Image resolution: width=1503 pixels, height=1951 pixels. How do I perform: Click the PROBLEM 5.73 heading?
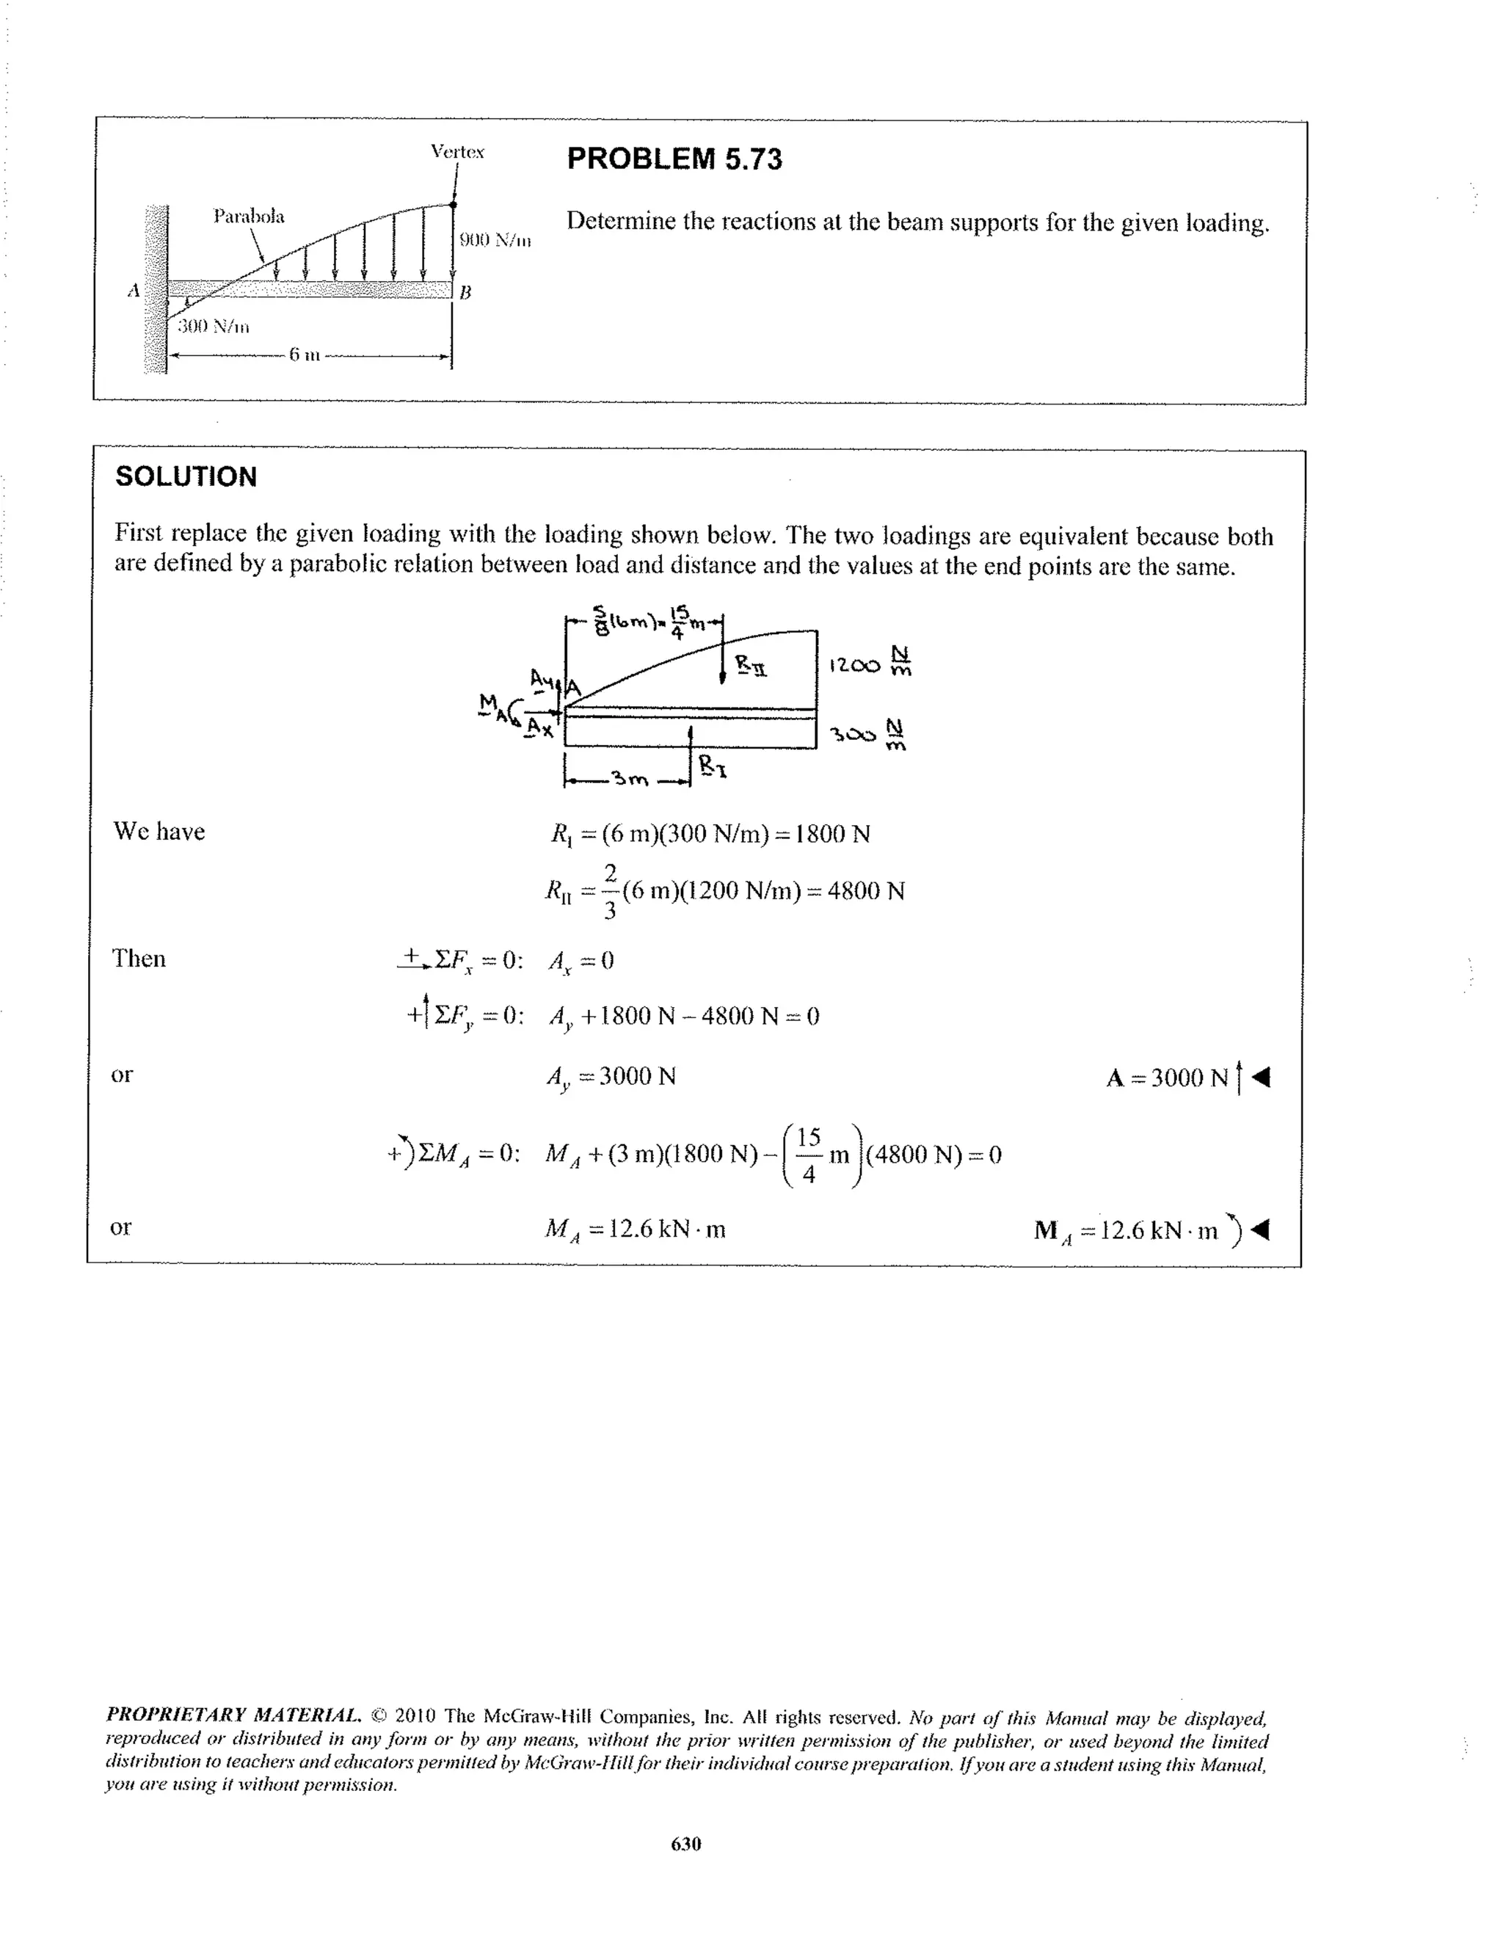[674, 159]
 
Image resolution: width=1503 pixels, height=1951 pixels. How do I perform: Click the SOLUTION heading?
[186, 476]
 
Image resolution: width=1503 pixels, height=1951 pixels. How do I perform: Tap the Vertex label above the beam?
[457, 151]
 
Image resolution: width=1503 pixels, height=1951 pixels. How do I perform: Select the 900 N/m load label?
[495, 239]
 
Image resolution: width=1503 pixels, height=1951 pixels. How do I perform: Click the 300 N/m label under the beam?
[213, 326]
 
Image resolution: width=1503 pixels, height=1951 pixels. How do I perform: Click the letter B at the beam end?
[465, 292]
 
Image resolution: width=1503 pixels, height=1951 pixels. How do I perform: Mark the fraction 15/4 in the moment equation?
[808, 1155]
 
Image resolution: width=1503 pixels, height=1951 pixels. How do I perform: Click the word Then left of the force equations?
[139, 959]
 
